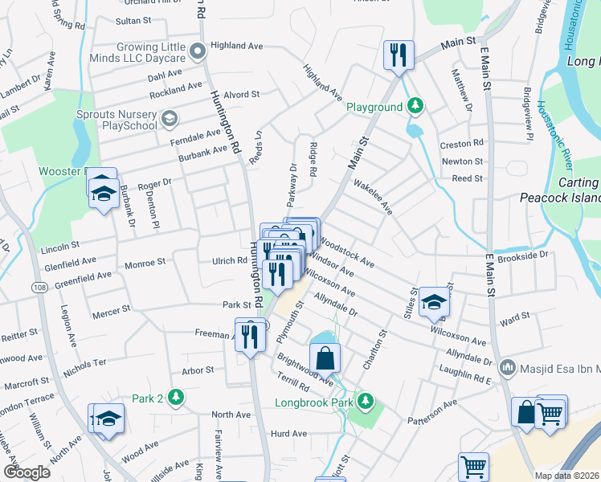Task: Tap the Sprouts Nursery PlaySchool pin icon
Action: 169,120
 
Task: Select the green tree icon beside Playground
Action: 415,106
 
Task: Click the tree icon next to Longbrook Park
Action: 366,400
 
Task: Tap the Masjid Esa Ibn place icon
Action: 507,369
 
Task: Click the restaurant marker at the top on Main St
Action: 399,55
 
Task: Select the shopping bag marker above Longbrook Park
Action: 325,357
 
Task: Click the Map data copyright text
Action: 567,475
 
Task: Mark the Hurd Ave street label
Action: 289,434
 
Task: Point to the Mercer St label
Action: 111,309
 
